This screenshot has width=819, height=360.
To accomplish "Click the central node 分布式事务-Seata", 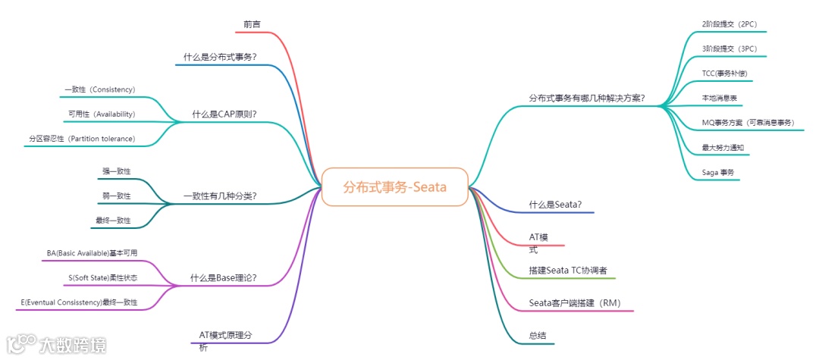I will [x=394, y=186].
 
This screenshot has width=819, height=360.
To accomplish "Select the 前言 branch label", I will [x=252, y=25].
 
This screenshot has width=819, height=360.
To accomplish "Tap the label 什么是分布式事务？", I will [x=220, y=57].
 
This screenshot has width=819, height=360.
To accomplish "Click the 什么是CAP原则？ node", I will [x=224, y=114].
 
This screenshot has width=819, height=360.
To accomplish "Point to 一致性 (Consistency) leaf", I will [x=99, y=89].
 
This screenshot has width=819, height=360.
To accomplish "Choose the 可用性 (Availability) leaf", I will [x=102, y=114].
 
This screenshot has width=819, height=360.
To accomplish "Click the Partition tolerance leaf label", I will [x=82, y=139].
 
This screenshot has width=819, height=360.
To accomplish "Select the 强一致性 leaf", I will [x=117, y=171].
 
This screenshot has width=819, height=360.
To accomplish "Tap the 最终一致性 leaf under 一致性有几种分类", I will [x=113, y=221].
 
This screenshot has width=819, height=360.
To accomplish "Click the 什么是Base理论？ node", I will [x=223, y=278].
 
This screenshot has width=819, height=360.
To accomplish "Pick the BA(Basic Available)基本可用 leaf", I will [x=92, y=253].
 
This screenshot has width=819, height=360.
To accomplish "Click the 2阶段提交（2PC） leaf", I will [x=730, y=24].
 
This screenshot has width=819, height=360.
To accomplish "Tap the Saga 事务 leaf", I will [x=718, y=173].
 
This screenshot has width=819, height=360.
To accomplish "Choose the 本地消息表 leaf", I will [x=722, y=99].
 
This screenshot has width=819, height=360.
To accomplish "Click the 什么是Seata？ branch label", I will [x=555, y=205].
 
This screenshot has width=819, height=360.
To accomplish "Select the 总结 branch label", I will [x=538, y=335].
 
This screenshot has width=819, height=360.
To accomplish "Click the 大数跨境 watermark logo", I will [x=57, y=345].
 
